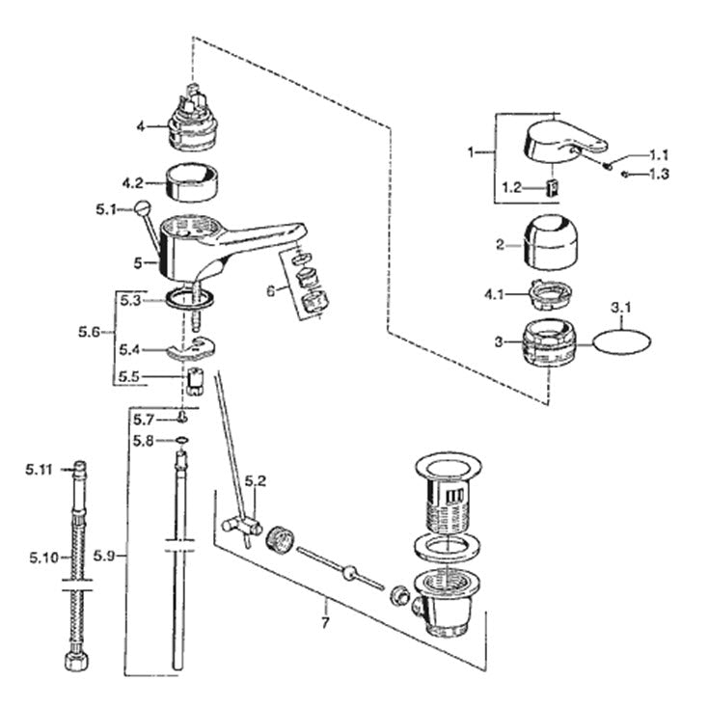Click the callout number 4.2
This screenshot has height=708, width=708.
click(x=132, y=183)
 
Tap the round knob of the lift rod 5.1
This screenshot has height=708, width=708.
click(x=143, y=208)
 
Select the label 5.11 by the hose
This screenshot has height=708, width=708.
click(x=39, y=470)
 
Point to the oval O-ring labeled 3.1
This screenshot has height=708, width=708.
click(x=622, y=343)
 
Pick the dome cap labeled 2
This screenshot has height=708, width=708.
click(x=550, y=242)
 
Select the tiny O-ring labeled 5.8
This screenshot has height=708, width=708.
click(x=181, y=440)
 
